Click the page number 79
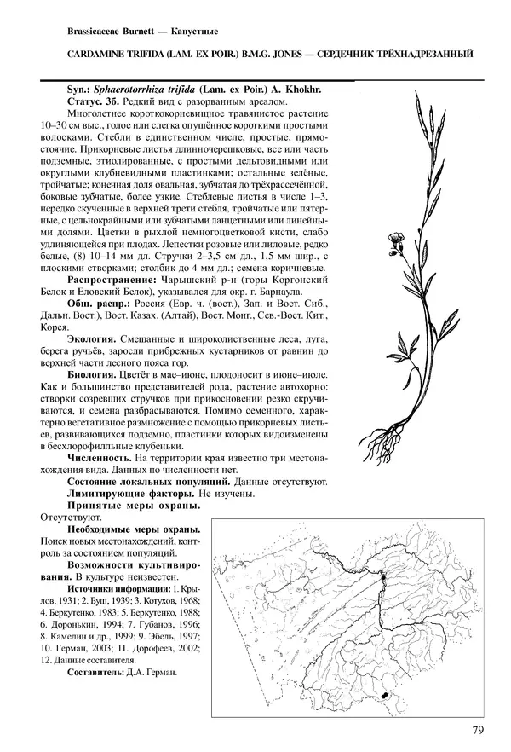pos(478,729)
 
